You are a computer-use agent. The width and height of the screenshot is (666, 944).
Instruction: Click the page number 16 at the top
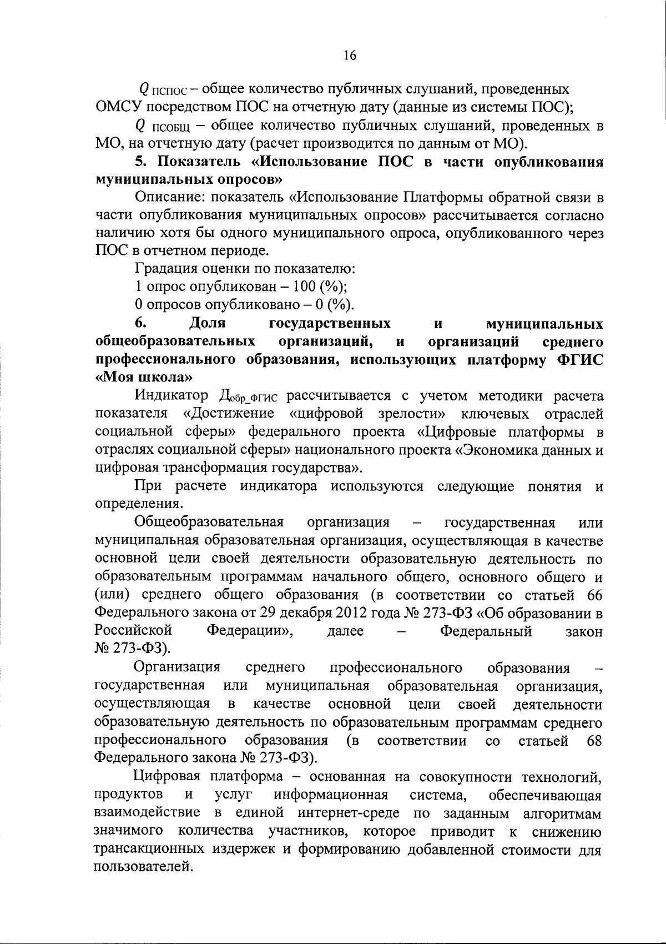(350, 55)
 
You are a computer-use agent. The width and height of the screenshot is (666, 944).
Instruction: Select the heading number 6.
(140, 323)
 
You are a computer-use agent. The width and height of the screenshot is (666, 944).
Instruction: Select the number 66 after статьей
(594, 595)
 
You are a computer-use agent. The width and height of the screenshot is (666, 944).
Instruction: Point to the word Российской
(133, 631)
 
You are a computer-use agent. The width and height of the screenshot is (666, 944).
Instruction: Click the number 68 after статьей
(594, 741)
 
